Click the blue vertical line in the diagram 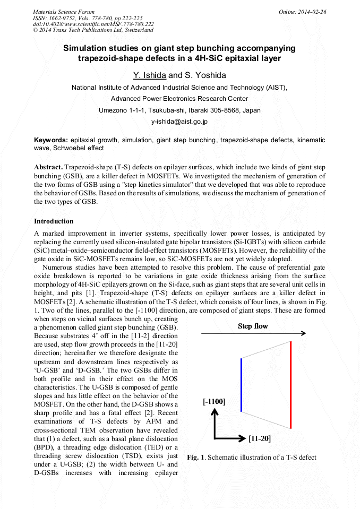(241, 385)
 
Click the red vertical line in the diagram (290, 385)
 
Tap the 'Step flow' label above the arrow (253, 326)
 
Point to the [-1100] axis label (214, 402)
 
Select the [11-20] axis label (260, 438)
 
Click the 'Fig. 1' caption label (194, 458)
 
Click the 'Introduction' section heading (54, 221)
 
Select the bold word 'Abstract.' (49, 167)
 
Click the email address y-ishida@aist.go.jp (179, 122)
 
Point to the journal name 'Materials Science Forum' (64, 11)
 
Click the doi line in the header (93, 24)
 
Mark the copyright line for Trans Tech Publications (93, 30)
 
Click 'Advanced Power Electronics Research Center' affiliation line (179, 99)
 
